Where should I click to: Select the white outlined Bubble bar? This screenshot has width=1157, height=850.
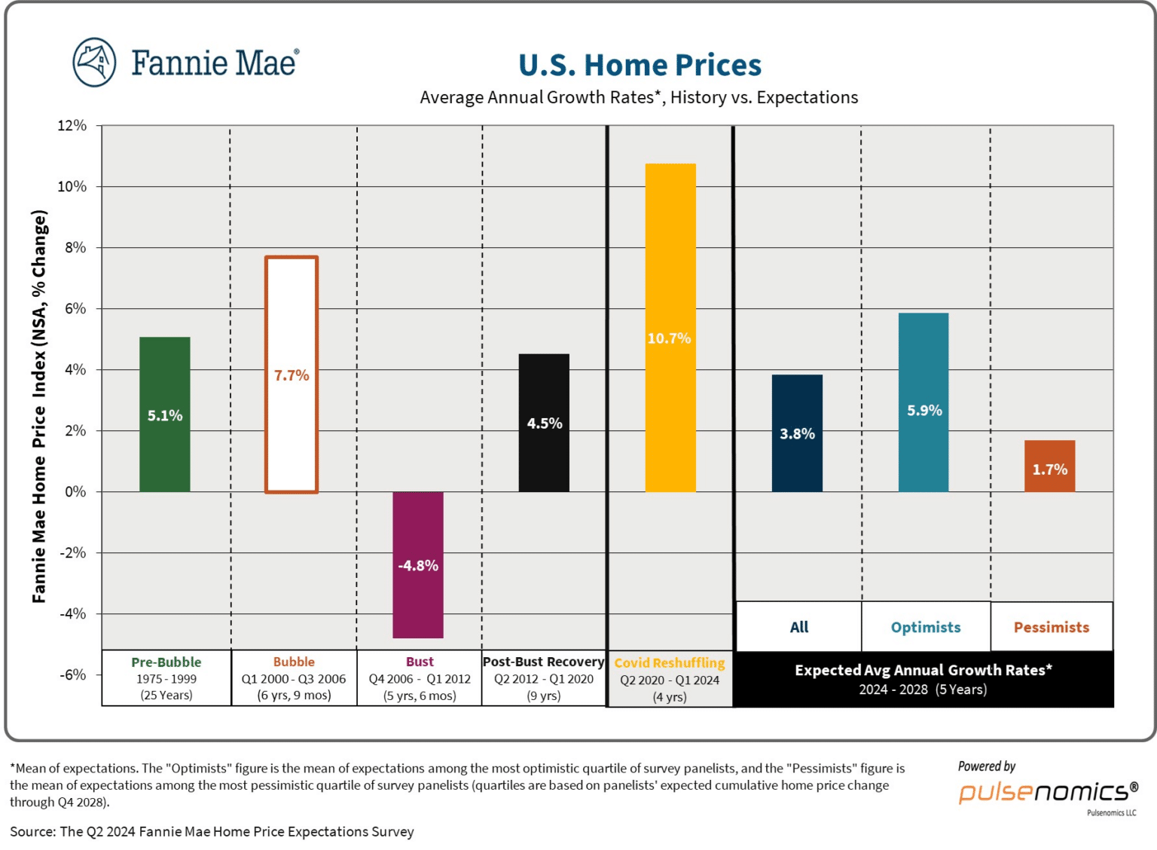tap(292, 437)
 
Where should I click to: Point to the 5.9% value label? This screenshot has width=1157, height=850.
tap(924, 411)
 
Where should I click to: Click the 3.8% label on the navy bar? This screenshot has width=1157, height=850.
tap(797, 434)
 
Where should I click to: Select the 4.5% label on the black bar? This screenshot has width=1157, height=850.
tap(544, 423)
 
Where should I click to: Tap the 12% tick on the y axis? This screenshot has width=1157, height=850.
tap(72, 126)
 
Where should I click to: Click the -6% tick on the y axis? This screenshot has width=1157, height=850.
tap(72, 675)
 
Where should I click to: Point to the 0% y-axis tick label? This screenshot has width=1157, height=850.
tap(75, 492)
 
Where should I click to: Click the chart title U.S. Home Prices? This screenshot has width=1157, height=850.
tap(640, 66)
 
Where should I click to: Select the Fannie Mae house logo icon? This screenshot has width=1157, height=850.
tap(94, 62)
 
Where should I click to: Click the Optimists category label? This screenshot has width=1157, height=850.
tap(926, 628)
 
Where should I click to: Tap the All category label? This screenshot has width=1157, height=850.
tap(798, 628)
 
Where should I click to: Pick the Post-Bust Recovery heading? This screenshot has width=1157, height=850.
tap(543, 662)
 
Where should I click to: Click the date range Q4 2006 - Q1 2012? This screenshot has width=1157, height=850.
tap(420, 679)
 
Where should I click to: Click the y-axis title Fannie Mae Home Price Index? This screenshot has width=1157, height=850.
tap(39, 407)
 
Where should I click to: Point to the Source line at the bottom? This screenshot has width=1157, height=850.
tap(212, 832)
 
